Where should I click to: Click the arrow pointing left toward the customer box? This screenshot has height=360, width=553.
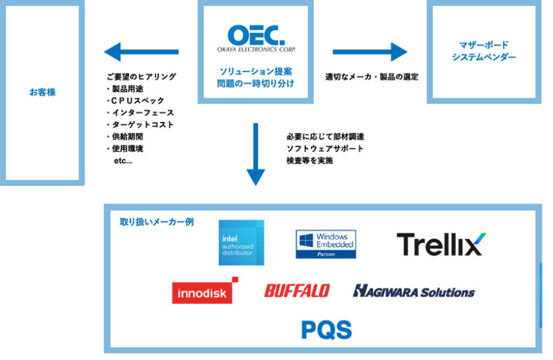pyautogui.click(x=141, y=52)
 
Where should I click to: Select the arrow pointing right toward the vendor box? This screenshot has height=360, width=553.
pyautogui.click(x=369, y=52)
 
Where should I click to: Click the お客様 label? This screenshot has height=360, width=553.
pyautogui.click(x=42, y=93)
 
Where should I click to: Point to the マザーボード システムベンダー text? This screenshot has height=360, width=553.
pyautogui.click(x=483, y=51)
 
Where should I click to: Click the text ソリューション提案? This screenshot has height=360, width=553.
pyautogui.click(x=255, y=71)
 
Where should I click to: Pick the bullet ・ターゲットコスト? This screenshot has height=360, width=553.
pyautogui.click(x=140, y=124)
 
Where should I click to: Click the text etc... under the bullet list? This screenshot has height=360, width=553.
pyautogui.click(x=123, y=160)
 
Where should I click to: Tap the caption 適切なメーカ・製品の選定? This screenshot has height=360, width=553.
pyautogui.click(x=371, y=77)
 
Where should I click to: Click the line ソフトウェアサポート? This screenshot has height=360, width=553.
pyautogui.click(x=324, y=148)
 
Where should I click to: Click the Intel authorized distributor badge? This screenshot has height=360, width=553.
pyautogui.click(x=241, y=243)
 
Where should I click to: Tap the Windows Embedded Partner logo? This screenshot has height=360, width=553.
pyautogui.click(x=326, y=243)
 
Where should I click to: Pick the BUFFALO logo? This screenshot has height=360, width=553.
pyautogui.click(x=296, y=291)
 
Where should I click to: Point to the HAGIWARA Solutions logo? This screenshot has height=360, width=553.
pyautogui.click(x=413, y=291)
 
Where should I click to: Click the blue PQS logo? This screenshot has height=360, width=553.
pyautogui.click(x=326, y=330)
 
